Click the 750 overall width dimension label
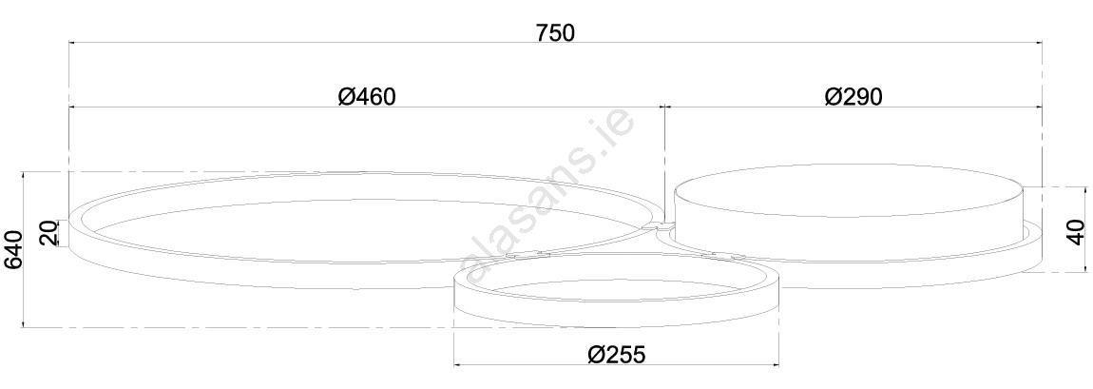pyautogui.click(x=555, y=32)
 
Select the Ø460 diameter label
pyautogui.click(x=367, y=96)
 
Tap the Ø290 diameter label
pyautogui.click(x=853, y=96)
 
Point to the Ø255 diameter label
pyautogui.click(x=616, y=354)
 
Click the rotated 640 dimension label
pyautogui.click(x=13, y=249)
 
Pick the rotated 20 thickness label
pyautogui.click(x=48, y=234)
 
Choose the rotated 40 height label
pyautogui.click(x=1076, y=231)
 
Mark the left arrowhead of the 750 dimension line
pyautogui.click(x=73, y=43)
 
